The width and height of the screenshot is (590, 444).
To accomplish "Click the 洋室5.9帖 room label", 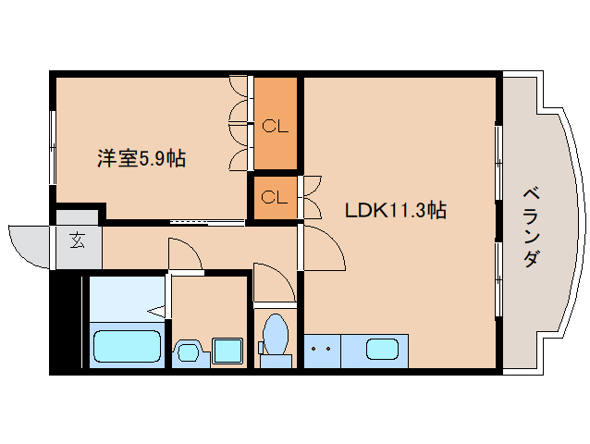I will click(141, 158).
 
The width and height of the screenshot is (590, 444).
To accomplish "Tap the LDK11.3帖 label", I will click(395, 210).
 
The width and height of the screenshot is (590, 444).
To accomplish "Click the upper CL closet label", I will click(275, 126).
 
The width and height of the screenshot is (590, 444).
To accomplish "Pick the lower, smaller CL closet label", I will click(275, 197).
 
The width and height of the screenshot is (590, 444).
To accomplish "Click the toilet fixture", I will click(275, 337).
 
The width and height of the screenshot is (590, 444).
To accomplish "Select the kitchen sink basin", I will click(382, 350).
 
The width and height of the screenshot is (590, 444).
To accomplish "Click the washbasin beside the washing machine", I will click(189, 351).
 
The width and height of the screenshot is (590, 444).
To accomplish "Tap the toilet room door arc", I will click(272, 283).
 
